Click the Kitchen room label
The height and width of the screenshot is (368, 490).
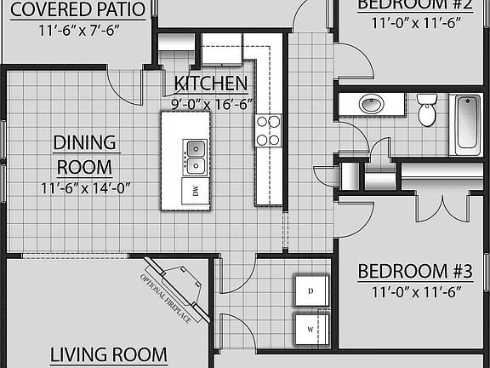tap(211, 83)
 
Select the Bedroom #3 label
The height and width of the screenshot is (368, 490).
tap(414, 272)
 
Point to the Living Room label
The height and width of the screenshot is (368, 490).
tap(107, 354)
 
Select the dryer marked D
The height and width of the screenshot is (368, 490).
tap(311, 290)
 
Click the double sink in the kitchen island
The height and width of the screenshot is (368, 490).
tap(195, 156)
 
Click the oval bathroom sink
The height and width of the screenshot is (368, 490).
tap(371, 105)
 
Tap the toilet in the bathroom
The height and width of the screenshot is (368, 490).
tap(428, 110)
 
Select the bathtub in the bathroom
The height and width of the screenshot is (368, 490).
tap(467, 125)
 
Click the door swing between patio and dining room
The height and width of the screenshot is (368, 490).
tap(125, 86)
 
